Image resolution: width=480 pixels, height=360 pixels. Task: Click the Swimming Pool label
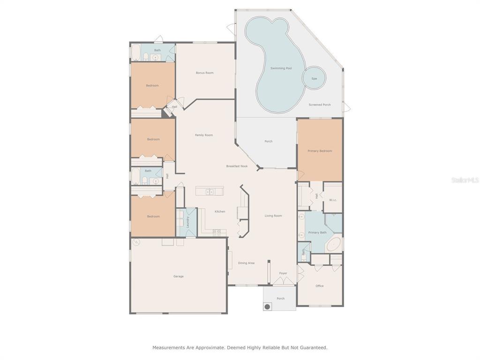point(281,68)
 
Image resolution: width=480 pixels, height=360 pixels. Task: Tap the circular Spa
point(314,78)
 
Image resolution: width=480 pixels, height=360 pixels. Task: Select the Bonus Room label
point(204,73)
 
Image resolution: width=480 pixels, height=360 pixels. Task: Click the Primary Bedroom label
point(320,151)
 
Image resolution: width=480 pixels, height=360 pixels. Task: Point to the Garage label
point(179,277)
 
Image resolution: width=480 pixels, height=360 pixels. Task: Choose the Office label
point(320,286)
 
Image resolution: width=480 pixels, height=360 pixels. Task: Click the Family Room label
point(204,135)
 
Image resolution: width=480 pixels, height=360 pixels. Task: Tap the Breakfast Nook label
point(237,166)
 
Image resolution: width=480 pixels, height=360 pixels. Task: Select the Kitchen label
point(220,211)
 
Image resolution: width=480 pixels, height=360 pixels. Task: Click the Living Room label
point(273,216)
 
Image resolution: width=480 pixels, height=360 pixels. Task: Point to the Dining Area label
point(246,263)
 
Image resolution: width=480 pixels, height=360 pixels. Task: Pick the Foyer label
point(283,273)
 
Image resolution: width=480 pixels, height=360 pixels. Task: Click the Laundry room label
point(187,222)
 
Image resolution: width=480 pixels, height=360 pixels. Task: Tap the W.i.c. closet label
point(333,200)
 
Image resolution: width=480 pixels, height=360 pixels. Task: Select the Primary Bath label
point(317,232)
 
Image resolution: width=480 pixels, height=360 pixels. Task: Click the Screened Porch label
point(320,105)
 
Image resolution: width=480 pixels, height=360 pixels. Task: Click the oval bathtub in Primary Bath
point(334,244)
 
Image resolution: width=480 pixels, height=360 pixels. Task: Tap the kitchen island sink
point(210,192)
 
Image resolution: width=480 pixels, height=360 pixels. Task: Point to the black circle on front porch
point(267,307)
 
